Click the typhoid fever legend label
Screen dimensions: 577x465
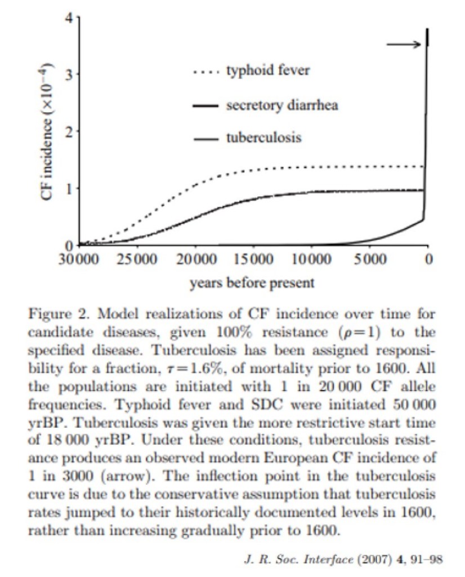click(x=267, y=71)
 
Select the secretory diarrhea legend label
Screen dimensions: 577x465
click(x=282, y=105)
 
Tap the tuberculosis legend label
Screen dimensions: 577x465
click(x=263, y=137)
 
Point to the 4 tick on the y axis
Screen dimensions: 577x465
click(x=69, y=17)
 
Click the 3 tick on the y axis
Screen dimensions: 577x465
click(x=69, y=74)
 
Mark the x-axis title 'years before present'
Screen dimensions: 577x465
click(x=252, y=282)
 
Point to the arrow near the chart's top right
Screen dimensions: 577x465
click(x=403, y=45)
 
